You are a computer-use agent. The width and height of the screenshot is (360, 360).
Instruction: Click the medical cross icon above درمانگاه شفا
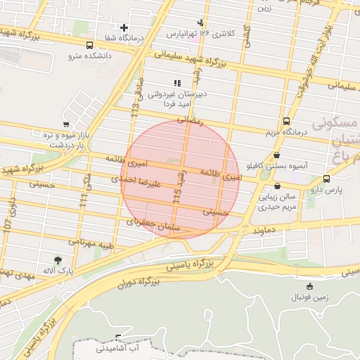coord(124,27)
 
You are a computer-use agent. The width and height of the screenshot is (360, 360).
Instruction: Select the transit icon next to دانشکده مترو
coord(89,45)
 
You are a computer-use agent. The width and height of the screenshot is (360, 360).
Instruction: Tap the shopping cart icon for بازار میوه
coord(66,124)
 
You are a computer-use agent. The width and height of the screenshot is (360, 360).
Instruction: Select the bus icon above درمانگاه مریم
coord(286,120)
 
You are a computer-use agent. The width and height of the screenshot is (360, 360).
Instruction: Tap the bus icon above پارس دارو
coord(326,179)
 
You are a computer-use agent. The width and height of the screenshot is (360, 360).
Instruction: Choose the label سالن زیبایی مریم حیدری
coord(277,202)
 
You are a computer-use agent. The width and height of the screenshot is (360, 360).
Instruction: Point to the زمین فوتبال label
coord(310,297)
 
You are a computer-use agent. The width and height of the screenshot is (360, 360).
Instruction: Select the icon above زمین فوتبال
coord(310,285)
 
